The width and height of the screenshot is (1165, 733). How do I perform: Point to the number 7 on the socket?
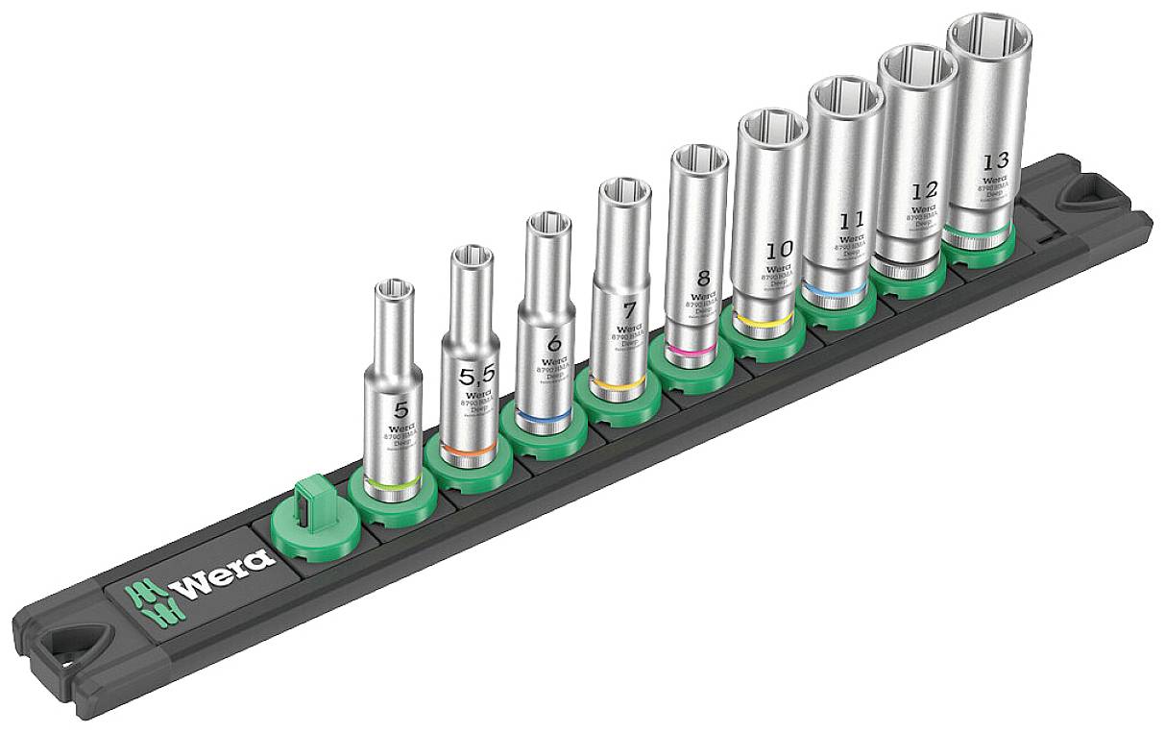click(629, 310)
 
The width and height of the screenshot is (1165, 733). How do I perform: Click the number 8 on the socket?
click(702, 279)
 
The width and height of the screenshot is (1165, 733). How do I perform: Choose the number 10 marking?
click(779, 250)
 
